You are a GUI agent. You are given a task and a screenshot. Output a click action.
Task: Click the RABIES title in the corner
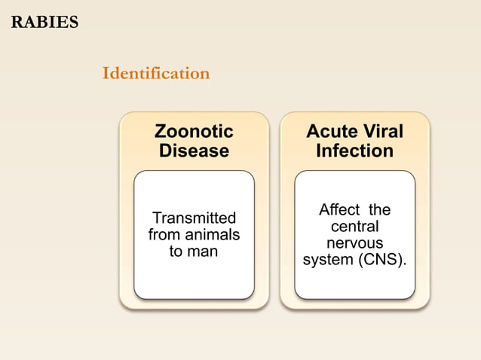[x=44, y=22]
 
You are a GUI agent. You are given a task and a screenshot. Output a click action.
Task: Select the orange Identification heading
[x=155, y=73]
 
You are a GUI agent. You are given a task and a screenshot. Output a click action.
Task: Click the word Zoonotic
[x=194, y=132]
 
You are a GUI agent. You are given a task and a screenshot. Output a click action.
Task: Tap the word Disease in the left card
[x=194, y=151]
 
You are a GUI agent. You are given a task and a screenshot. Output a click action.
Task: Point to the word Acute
[x=329, y=132]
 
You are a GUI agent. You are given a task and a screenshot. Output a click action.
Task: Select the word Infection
[x=354, y=151]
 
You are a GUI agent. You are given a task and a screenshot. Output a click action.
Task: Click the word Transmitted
[x=194, y=218]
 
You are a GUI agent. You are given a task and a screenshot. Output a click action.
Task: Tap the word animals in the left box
[x=211, y=235]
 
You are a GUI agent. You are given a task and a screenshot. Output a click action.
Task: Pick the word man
[x=203, y=252]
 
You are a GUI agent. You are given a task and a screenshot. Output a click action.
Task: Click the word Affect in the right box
[x=341, y=209]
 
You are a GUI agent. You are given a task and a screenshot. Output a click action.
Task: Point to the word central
[x=354, y=227]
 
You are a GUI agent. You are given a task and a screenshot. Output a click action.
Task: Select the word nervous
[x=354, y=243]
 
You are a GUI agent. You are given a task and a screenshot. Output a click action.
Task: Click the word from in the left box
[x=164, y=235]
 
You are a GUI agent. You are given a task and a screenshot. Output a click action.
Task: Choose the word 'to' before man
[x=176, y=252]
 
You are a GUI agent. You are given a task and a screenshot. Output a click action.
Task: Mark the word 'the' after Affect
[x=378, y=209]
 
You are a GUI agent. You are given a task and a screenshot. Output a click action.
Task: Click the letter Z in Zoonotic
[x=160, y=132]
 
